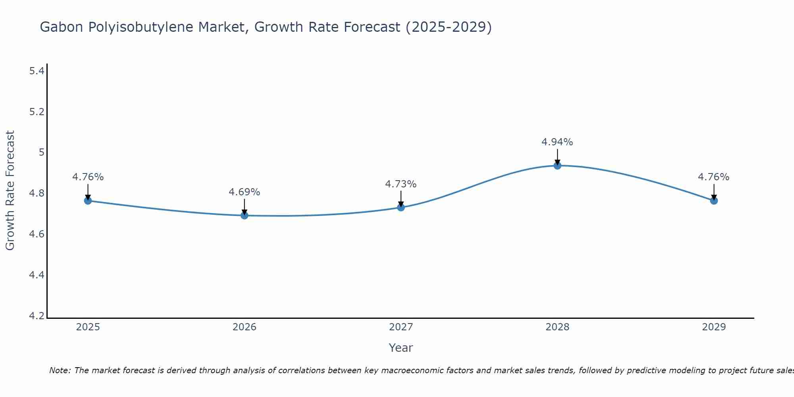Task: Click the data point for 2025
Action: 88,200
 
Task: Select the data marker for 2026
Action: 244,215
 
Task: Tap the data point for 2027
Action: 401,207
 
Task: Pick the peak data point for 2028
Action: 557,165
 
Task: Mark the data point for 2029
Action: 714,200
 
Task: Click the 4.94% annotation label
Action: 557,142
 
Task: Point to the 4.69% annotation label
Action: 244,192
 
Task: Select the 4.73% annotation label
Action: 401,184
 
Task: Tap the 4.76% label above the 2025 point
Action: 88,177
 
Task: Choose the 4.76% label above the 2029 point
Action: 714,177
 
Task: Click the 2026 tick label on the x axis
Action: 244,327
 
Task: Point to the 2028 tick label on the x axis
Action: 557,327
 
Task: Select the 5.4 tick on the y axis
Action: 37,71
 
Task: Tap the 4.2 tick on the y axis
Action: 37,316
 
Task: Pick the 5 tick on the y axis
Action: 41,152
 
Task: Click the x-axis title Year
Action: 401,348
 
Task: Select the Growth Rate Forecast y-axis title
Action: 10,191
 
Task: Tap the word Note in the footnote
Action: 60,370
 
